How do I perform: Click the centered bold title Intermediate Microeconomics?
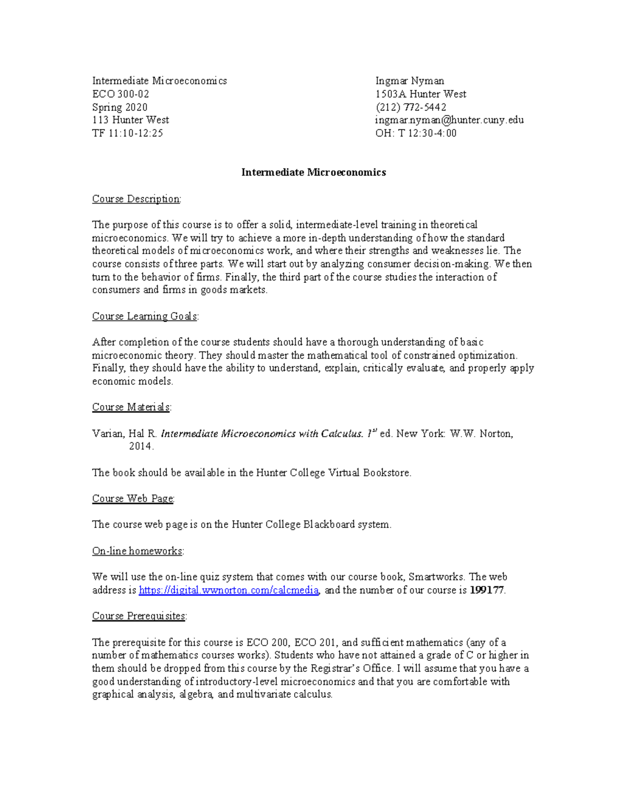[x=313, y=173]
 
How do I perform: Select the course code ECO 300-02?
[x=121, y=94]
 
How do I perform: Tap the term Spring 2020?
[x=120, y=107]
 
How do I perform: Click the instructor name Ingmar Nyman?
[x=410, y=81]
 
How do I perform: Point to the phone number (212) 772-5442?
[x=411, y=107]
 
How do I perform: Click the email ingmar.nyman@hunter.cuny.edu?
[x=449, y=120]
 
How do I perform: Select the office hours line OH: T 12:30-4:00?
[x=416, y=133]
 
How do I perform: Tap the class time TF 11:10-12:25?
[x=127, y=133]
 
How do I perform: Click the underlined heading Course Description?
[x=136, y=199]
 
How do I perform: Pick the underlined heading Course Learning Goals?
[x=145, y=316]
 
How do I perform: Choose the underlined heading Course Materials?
[x=131, y=407]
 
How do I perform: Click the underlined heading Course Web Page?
[x=133, y=499]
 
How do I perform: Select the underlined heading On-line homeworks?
[x=137, y=551]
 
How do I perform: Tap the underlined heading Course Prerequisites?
[x=139, y=616]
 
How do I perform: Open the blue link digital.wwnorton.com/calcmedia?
[x=229, y=590]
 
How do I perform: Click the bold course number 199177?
[x=487, y=590]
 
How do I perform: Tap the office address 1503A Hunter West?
[x=421, y=94]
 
